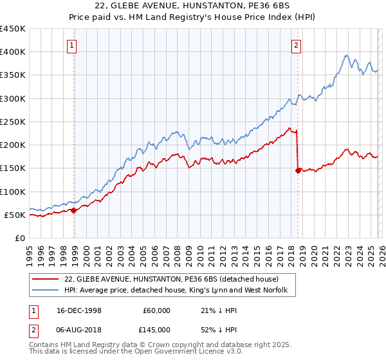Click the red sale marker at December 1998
(x=74, y=210)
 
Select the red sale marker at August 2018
(x=298, y=170)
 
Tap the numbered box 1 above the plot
(x=71, y=45)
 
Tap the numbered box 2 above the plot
(x=296, y=45)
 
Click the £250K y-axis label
(x=14, y=122)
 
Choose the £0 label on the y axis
(x=19, y=238)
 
